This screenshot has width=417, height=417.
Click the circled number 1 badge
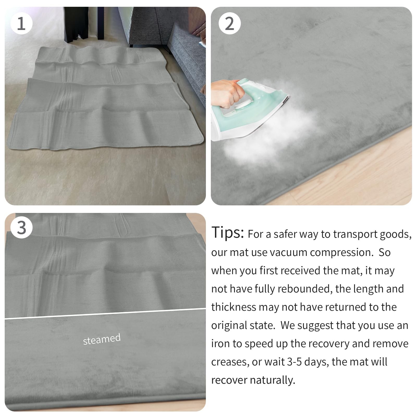tap(21, 23)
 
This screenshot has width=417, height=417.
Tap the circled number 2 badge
tap(229, 23)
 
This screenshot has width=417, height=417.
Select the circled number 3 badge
tap(21, 228)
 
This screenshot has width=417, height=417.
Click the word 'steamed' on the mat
tap(102, 339)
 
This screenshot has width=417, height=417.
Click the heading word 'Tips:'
tap(228, 232)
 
